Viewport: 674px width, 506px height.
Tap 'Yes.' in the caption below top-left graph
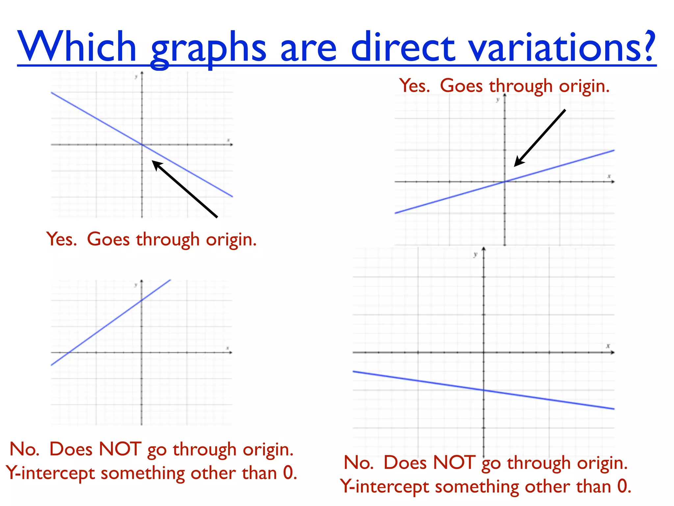pos(62,239)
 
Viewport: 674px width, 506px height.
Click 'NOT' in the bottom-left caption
pos(120,449)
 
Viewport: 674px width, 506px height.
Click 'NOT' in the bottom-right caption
pos(454,463)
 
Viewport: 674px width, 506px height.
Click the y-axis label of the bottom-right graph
pos(475,254)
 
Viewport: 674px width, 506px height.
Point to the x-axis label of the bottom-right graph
pos(608,346)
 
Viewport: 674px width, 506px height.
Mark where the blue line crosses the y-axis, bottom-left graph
pos(142,300)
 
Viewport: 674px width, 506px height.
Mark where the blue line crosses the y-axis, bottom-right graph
pos(484,390)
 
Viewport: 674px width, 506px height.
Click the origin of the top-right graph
pos(505,182)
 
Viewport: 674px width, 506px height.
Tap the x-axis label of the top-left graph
pos(228,140)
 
